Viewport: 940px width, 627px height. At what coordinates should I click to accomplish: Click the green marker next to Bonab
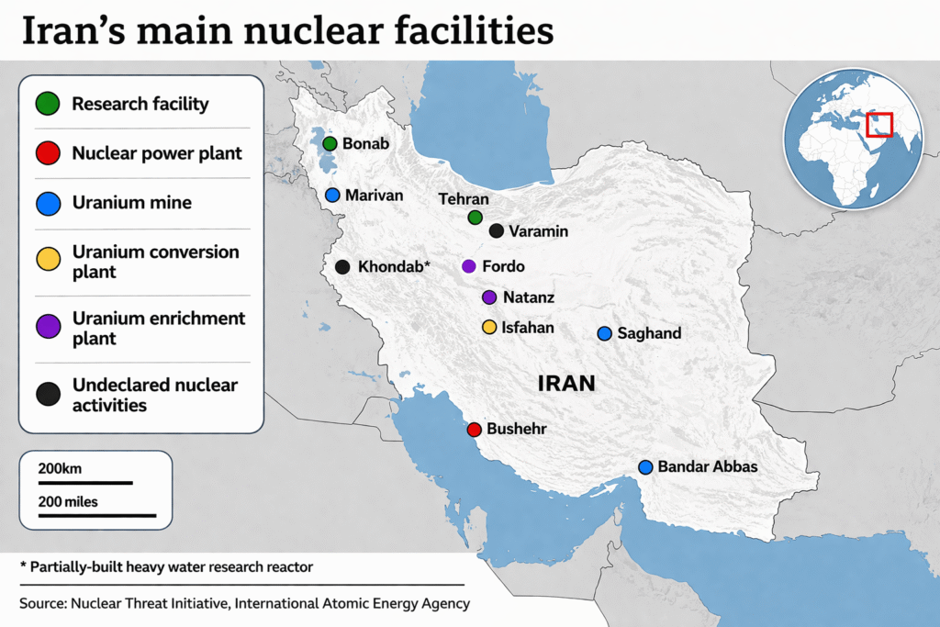pos(330,143)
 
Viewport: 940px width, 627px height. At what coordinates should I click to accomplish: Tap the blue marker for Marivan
pos(332,195)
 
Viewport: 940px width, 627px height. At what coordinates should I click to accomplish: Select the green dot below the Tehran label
pos(475,218)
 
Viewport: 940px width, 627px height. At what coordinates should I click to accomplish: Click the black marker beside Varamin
pos(496,231)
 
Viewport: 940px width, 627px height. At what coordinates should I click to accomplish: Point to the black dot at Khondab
pos(342,267)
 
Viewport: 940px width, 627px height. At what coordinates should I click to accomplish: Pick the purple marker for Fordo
pos(469,266)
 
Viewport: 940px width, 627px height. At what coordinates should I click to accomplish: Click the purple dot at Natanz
pos(489,297)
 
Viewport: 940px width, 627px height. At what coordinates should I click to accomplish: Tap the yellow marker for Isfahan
pos(489,327)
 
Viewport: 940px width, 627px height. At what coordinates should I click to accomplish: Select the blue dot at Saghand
pos(604,333)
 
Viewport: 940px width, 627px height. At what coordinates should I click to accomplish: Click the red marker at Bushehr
pos(474,430)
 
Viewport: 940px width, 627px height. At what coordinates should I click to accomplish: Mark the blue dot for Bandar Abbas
pos(645,467)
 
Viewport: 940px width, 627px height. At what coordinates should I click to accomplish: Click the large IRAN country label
pos(566,384)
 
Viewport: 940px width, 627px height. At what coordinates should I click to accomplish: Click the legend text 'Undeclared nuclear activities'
pos(154,395)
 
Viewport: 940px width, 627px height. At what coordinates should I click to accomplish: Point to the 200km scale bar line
pos(85,482)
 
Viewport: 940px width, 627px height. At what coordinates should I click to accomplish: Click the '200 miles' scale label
pos(68,501)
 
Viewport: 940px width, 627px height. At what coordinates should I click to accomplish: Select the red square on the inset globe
pos(879,123)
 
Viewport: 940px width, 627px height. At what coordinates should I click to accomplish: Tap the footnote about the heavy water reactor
pos(166,567)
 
